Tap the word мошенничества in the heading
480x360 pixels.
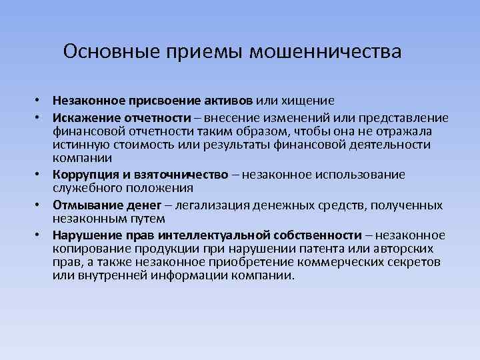pos(325,51)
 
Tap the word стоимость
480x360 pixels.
pos(139,144)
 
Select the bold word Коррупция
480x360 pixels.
pos(85,175)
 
